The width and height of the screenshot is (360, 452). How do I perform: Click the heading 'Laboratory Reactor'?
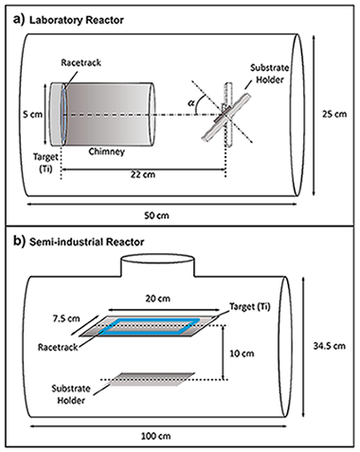click(x=77, y=20)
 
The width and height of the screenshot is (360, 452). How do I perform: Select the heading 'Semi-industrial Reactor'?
click(x=86, y=242)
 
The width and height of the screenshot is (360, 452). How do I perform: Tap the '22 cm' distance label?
click(x=143, y=174)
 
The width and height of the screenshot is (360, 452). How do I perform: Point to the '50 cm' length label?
click(x=156, y=216)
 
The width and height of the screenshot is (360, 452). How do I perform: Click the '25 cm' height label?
click(x=334, y=114)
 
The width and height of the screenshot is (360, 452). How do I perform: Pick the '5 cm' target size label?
click(x=32, y=114)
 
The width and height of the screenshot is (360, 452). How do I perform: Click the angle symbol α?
click(x=191, y=103)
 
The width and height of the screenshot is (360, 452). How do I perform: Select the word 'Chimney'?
click(x=106, y=152)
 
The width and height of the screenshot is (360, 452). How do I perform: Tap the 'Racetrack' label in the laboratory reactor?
click(x=81, y=63)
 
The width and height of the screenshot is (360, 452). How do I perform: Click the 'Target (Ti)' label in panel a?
click(x=45, y=163)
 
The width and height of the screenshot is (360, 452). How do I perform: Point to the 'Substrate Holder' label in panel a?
click(x=270, y=74)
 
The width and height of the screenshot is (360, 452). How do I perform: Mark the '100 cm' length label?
click(x=155, y=437)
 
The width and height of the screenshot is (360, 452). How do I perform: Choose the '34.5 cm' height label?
click(x=330, y=346)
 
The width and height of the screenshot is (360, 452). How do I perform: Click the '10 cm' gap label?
click(x=242, y=353)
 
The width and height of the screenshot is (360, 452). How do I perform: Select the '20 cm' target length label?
click(x=157, y=298)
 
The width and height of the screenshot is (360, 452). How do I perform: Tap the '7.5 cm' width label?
click(x=66, y=318)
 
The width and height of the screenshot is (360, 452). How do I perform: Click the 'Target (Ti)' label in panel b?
click(x=250, y=307)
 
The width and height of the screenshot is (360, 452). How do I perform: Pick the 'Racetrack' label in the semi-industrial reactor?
click(x=58, y=347)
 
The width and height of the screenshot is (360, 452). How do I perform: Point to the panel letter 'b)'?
click(x=19, y=242)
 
